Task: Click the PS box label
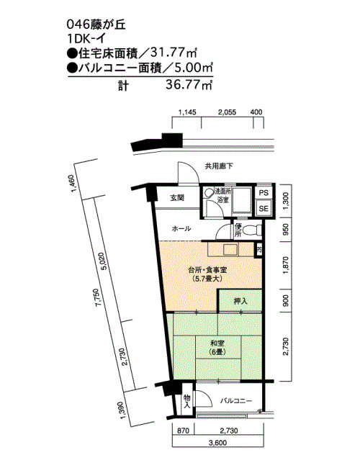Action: coord(264,193)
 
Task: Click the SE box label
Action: coord(264,208)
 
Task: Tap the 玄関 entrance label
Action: coord(177,197)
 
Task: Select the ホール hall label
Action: coord(181,229)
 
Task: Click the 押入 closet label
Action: coord(240,301)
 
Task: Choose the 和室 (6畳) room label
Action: coord(217,347)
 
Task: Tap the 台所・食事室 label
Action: coord(207,270)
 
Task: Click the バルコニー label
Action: coord(236,400)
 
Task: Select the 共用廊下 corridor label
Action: coord(219,166)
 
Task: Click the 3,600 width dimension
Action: coord(217,442)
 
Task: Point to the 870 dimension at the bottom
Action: coord(184,431)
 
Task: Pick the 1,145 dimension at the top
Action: coord(187,112)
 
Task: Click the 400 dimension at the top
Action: coord(256,112)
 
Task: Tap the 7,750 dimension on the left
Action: coord(98,297)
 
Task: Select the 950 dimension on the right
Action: coord(286,229)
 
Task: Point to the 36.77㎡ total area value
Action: coord(189,86)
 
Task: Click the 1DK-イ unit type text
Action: coord(86,39)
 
